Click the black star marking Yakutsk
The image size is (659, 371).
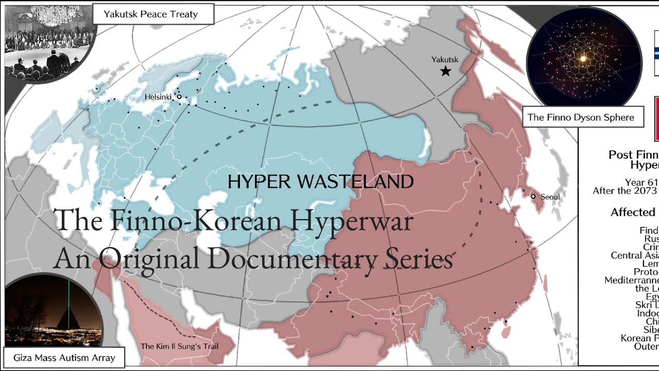[x=446, y=71]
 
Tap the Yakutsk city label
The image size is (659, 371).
[x=445, y=59]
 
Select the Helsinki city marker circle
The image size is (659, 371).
[x=179, y=96]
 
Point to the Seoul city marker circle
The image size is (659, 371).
[x=533, y=196]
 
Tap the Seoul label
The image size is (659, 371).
[x=550, y=197]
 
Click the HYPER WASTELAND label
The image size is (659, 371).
[x=320, y=181]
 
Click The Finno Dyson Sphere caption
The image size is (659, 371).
[x=581, y=117]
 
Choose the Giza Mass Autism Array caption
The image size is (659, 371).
[x=64, y=358]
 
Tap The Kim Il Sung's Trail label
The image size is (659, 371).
[x=180, y=346]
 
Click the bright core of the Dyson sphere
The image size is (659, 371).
[x=583, y=59]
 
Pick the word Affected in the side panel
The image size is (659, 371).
[x=633, y=212]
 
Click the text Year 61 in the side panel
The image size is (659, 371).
[x=641, y=182]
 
